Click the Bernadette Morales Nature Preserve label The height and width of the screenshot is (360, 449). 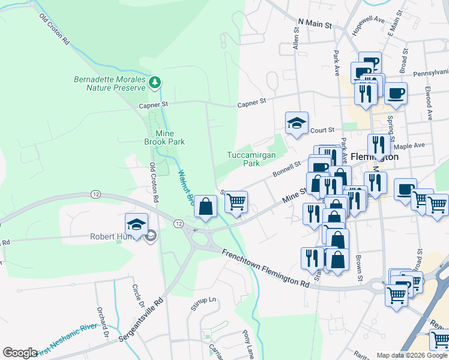[x=109, y=83]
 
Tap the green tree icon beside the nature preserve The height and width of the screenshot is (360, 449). [x=155, y=81]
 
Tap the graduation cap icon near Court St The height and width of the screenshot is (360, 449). [x=297, y=124]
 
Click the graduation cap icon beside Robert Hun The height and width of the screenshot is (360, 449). [x=137, y=225]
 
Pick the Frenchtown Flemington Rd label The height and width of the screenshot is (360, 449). [x=265, y=269]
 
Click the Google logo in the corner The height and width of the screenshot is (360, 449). [x=20, y=352]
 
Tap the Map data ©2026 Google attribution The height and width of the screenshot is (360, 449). [x=412, y=355]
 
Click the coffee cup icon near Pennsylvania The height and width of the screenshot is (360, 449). [x=396, y=93]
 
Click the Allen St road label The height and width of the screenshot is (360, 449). [x=296, y=41]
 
